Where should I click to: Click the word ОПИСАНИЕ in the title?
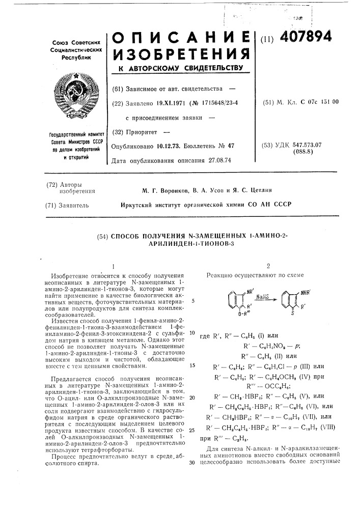pyautogui.click(x=181, y=37)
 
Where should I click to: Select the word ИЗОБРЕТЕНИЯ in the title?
pyautogui.click(x=181, y=53)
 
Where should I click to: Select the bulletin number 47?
pyautogui.click(x=230, y=146)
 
